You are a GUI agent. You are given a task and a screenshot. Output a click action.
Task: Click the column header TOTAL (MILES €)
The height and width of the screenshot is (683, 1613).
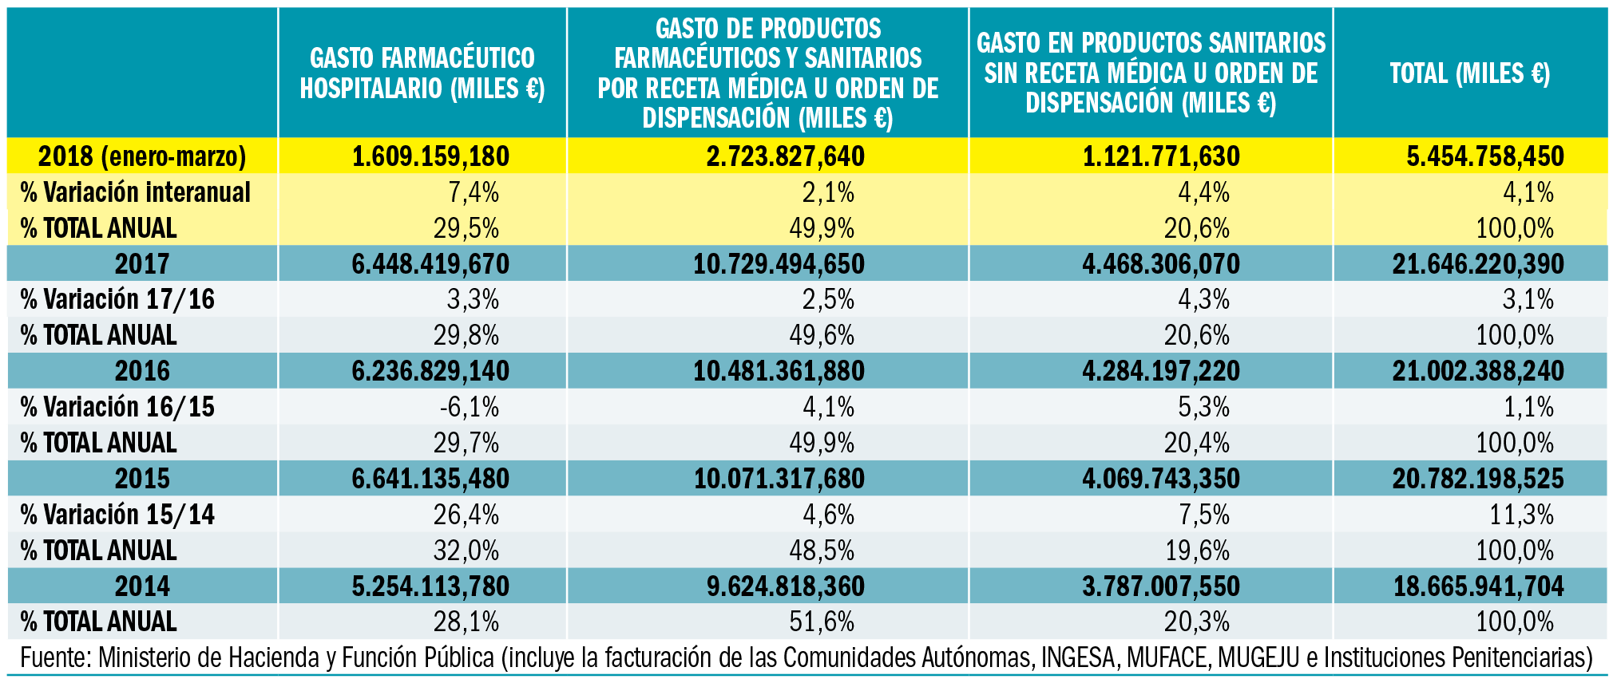pyautogui.click(x=1469, y=73)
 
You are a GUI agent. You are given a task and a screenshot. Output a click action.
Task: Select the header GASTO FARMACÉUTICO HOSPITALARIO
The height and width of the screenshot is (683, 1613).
pyautogui.click(x=422, y=73)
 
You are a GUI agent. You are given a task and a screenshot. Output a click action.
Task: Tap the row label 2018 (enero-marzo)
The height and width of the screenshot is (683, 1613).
pyautogui.click(x=142, y=156)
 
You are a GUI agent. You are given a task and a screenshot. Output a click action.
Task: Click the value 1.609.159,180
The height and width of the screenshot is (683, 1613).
pyautogui.click(x=430, y=156)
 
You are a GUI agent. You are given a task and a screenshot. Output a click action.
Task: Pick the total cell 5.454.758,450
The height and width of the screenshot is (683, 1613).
pyautogui.click(x=1484, y=156)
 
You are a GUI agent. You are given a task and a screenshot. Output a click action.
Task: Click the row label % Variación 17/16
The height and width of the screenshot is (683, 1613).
pyautogui.click(x=117, y=299)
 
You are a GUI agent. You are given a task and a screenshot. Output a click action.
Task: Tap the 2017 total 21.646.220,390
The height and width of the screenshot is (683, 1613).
pyautogui.click(x=1477, y=264)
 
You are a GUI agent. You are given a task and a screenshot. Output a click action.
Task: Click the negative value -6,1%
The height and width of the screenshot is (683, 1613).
pyautogui.click(x=469, y=407)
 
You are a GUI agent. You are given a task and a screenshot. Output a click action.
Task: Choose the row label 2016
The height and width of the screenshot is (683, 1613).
pyautogui.click(x=142, y=371)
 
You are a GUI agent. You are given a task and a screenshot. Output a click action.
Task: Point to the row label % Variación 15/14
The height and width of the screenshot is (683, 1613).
pyautogui.click(x=117, y=515)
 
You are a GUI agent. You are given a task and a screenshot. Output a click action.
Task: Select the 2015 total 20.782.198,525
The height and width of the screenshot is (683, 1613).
pyautogui.click(x=1477, y=479)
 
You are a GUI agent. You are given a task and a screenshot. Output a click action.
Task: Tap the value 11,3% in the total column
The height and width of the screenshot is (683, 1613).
pyautogui.click(x=1521, y=515)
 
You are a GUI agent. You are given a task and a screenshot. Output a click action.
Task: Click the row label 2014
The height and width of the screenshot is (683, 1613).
pyautogui.click(x=142, y=586)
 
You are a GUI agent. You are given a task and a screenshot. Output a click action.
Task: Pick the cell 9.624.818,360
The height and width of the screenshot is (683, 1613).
pyautogui.click(x=785, y=586)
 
